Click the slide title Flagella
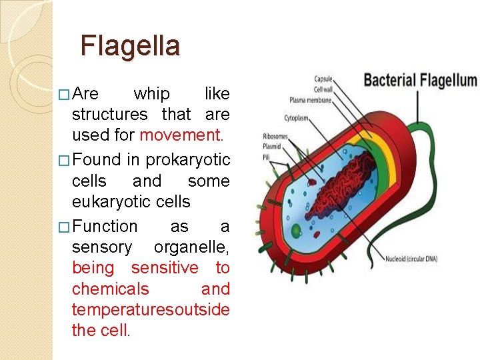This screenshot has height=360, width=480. click(130, 46)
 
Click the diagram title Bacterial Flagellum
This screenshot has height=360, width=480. click(420, 81)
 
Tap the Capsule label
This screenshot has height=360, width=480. click(323, 79)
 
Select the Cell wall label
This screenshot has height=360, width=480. click(323, 89)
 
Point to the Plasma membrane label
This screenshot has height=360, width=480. click(311, 100)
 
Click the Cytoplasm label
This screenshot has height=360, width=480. click(297, 118)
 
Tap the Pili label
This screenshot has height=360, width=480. click(267, 157)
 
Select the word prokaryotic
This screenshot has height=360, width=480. click(188, 160)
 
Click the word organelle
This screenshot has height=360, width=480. click(191, 247)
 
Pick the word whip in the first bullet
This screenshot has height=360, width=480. click(152, 93)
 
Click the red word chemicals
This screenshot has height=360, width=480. click(111, 289)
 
